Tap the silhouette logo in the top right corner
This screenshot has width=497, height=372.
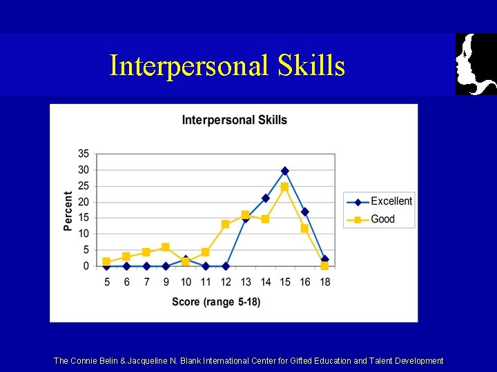476,63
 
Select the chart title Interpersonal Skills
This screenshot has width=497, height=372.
234,121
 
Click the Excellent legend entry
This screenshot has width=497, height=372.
391,201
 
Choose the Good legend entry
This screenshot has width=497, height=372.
382,219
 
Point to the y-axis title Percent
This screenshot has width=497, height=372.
68,210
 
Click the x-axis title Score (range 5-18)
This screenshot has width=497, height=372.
216,302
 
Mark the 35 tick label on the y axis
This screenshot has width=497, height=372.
84,154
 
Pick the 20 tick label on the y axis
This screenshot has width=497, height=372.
84,202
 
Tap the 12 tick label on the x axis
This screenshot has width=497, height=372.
226,282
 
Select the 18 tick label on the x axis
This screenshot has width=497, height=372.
324,282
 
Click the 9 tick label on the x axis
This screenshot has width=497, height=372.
166,282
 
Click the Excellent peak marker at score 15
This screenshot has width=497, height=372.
285,171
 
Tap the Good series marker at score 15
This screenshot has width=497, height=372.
284,187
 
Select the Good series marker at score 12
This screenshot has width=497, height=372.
226,224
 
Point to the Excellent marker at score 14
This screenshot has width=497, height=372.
265,198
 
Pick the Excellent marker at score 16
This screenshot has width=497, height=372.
304,211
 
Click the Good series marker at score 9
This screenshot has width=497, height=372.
166,247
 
